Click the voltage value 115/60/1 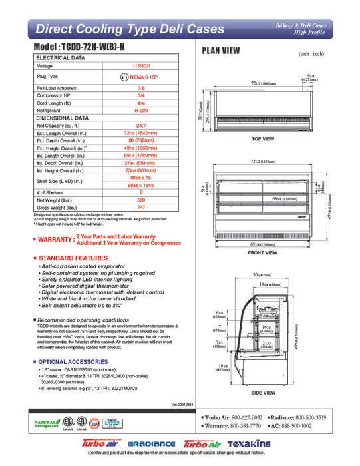(140, 66)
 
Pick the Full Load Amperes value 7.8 (140, 88)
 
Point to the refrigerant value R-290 (140, 110)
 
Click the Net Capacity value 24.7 (140, 125)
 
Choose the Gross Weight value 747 (140, 208)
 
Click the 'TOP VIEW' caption (263, 139)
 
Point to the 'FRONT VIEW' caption (263, 252)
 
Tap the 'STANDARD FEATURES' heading (73, 258)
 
